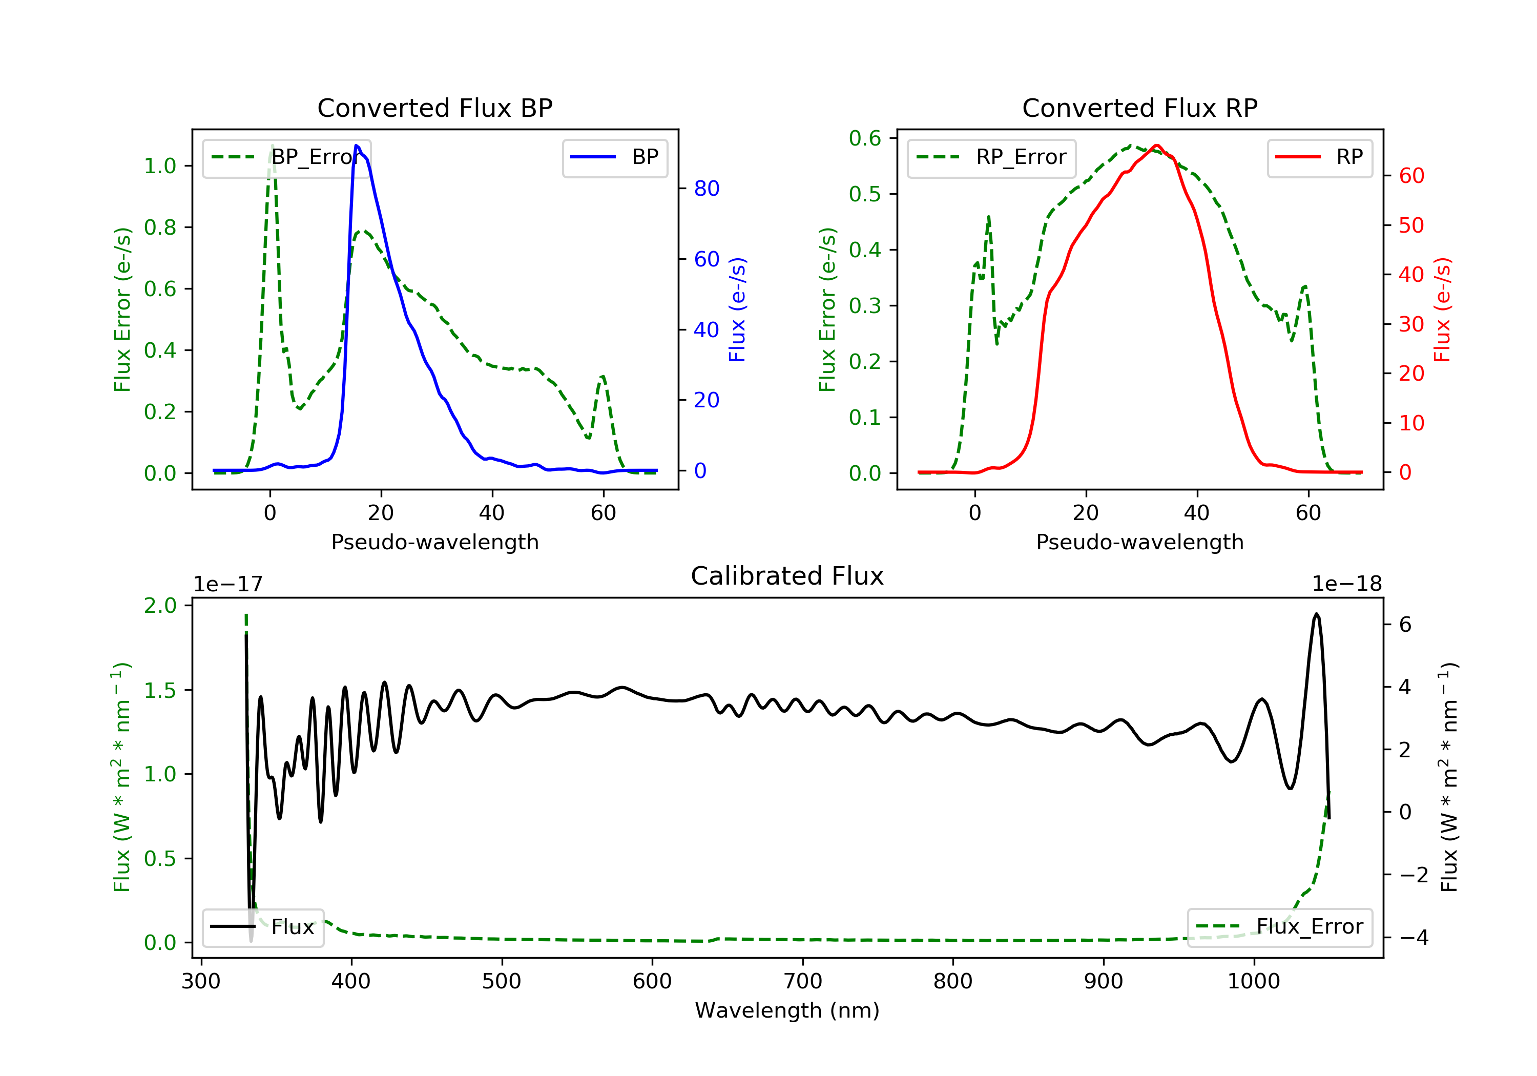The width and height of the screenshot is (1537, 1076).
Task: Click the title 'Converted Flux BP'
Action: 434,108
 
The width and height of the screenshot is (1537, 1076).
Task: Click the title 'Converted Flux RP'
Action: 1139,108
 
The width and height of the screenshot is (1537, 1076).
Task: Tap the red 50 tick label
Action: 1411,225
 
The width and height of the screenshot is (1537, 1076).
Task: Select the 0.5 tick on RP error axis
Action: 864,194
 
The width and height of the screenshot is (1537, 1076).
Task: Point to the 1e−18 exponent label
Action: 1346,584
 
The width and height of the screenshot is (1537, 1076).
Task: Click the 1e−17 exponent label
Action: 229,584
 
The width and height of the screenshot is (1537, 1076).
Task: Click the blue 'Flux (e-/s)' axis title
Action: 737,310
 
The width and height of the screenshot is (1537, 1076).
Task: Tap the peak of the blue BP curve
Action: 357,146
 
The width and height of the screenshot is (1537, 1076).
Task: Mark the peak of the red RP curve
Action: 1157,146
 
